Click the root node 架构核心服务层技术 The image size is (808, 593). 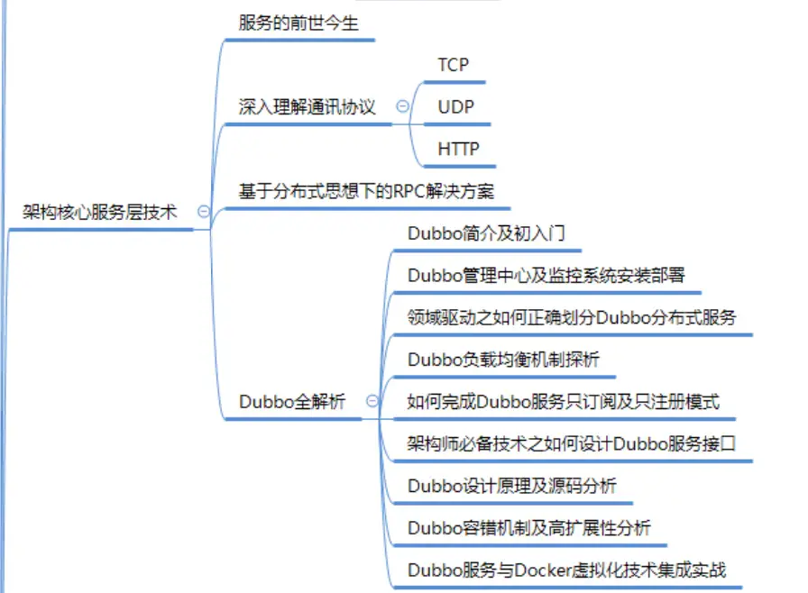click(99, 213)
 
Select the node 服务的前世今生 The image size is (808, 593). click(298, 23)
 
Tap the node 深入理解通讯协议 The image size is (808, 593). click(307, 107)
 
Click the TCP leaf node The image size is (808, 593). click(454, 65)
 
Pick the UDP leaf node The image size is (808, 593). click(455, 107)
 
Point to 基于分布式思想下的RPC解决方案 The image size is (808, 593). click(366, 192)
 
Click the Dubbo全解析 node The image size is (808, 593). click(292, 402)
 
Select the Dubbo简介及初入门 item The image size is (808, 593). click(487, 233)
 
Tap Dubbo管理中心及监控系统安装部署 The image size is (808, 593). click(546, 275)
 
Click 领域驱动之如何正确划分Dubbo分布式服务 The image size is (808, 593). click(572, 317)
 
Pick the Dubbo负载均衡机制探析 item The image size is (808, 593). click(503, 360)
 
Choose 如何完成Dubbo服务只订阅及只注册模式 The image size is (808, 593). click(564, 402)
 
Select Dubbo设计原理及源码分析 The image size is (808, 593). click(512, 486)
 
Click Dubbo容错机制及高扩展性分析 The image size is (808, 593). click(528, 528)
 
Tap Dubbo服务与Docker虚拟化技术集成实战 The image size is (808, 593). click(566, 570)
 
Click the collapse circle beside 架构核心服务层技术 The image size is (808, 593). click(204, 213)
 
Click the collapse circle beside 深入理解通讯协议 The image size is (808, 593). click(402, 106)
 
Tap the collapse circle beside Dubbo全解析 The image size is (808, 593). click(372, 402)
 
